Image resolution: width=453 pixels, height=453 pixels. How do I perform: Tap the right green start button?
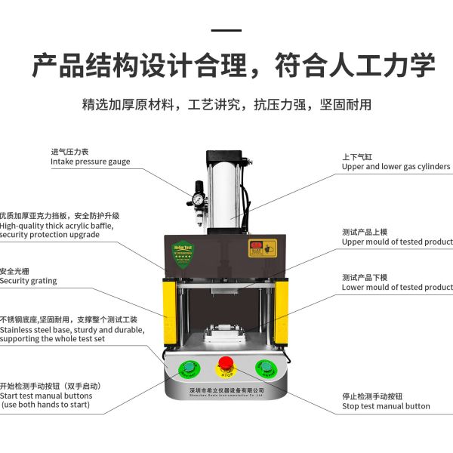[x=265, y=369]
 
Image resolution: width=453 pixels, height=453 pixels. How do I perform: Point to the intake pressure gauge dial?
[x=198, y=200]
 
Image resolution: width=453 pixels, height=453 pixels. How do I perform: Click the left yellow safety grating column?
[x=170, y=311]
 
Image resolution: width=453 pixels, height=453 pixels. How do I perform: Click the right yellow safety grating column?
[x=282, y=311]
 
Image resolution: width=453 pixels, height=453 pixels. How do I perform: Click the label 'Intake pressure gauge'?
[x=90, y=162]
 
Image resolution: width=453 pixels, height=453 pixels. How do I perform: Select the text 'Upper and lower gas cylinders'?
[x=396, y=167]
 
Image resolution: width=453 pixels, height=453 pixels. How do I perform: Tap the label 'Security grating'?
[x=28, y=281]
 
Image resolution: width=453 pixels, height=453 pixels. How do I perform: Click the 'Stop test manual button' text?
[x=386, y=406]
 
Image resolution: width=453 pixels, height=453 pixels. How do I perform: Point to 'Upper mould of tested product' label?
[x=397, y=242]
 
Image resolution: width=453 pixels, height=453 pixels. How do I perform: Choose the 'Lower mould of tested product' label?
[x=397, y=288]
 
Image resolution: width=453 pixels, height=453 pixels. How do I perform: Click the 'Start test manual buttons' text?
[x=46, y=396]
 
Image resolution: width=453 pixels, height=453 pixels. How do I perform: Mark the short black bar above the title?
[x=226, y=30]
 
